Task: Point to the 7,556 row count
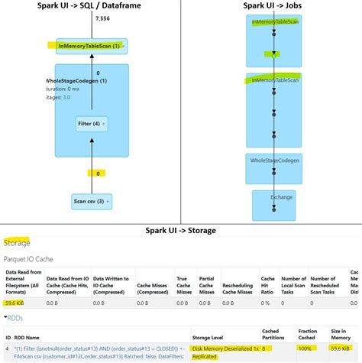(103, 18)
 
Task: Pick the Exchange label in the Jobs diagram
(281, 197)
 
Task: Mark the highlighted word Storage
(18, 244)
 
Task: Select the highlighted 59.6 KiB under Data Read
(15, 303)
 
